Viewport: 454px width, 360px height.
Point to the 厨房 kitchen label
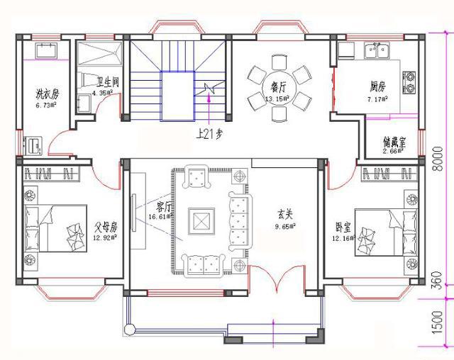pyautogui.click(x=377, y=86)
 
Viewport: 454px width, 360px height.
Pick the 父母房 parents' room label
pyautogui.click(x=104, y=227)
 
